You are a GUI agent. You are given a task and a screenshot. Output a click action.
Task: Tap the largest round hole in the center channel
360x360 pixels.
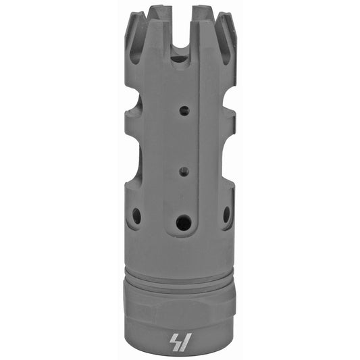click(x=182, y=222)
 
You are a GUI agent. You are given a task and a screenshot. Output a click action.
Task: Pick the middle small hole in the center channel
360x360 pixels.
click(x=182, y=171)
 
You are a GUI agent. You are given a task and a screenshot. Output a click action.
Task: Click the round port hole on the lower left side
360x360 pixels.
click(x=137, y=215)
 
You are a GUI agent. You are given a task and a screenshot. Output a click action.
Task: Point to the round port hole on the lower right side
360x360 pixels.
click(x=226, y=214)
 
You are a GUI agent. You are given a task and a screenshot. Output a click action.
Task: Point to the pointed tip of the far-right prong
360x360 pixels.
click(x=233, y=30)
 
